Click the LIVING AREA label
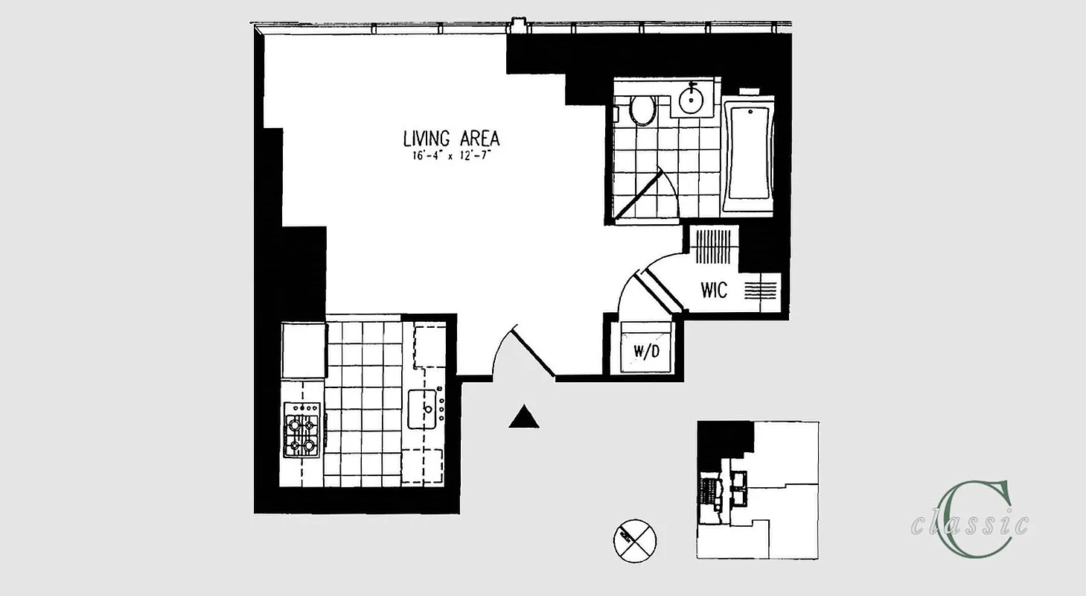coord(451,139)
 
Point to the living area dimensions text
coord(451,156)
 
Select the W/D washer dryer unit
coord(646,349)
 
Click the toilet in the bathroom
coord(642,111)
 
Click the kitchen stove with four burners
coord(302,431)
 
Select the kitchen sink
coord(425,409)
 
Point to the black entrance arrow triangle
coord(524,417)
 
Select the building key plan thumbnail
coord(758,490)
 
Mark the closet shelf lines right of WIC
coord(760,289)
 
